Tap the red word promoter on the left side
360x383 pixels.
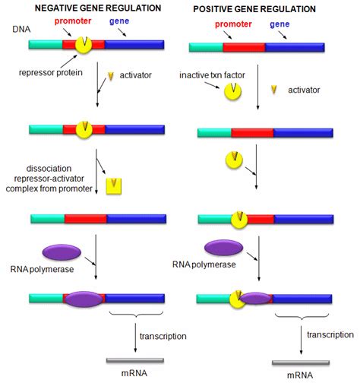coord(78,24)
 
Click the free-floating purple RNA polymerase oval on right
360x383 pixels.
coord(223,248)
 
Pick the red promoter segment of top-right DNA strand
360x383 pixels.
coord(244,46)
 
